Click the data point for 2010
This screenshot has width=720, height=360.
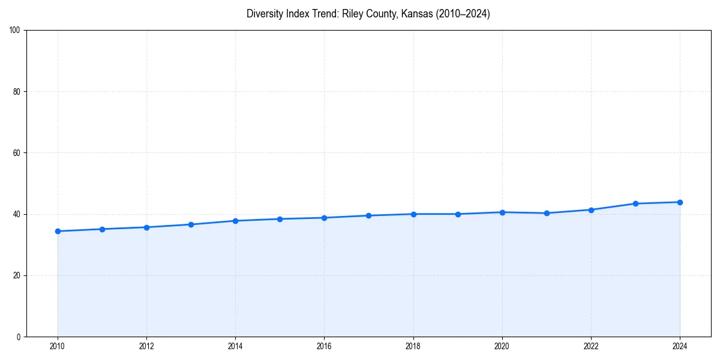pyautogui.click(x=58, y=231)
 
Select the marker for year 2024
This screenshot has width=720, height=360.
pyautogui.click(x=680, y=202)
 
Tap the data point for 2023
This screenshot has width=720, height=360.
pyautogui.click(x=635, y=203)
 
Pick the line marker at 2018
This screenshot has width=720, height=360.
pyautogui.click(x=413, y=214)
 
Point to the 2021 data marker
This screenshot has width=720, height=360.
pyautogui.click(x=547, y=213)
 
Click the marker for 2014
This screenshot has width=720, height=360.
pyautogui.click(x=235, y=221)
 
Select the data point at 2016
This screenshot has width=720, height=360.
pyautogui.click(x=324, y=218)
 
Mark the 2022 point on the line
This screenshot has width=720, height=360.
pyautogui.click(x=591, y=210)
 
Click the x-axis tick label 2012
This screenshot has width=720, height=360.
pyautogui.click(x=146, y=346)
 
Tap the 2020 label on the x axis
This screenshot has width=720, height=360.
pyautogui.click(x=502, y=346)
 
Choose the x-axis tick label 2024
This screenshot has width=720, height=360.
pyautogui.click(x=680, y=346)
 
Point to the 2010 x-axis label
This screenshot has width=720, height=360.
pyautogui.click(x=58, y=346)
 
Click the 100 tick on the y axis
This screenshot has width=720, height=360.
pyautogui.click(x=16, y=31)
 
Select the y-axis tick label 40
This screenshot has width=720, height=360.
pyautogui.click(x=17, y=214)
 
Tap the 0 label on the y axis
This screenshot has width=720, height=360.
pyautogui.click(x=19, y=337)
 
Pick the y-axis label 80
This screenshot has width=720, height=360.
pyautogui.click(x=17, y=92)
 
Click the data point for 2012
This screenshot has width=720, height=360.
pyautogui.click(x=146, y=227)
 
